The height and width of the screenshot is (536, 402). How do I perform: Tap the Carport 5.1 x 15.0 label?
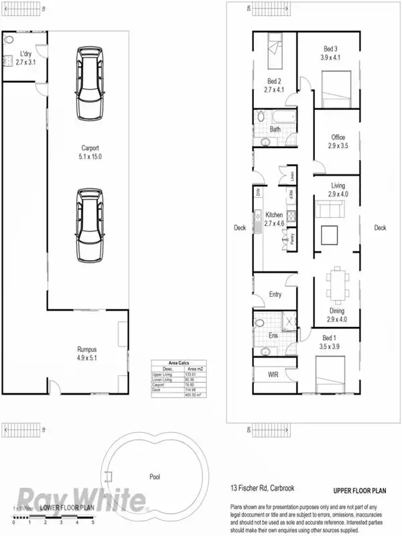point(90,152)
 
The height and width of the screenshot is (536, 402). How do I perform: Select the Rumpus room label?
point(87,353)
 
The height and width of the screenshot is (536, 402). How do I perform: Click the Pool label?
point(155,477)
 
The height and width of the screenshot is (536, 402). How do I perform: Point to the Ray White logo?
point(80,499)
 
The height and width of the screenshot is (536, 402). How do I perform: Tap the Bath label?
point(275,129)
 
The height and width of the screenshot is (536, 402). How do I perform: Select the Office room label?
point(338,141)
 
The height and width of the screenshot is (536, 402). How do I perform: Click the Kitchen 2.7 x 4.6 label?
point(274,219)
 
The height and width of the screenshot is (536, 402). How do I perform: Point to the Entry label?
point(275,294)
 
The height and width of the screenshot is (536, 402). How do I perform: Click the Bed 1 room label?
point(330,342)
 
